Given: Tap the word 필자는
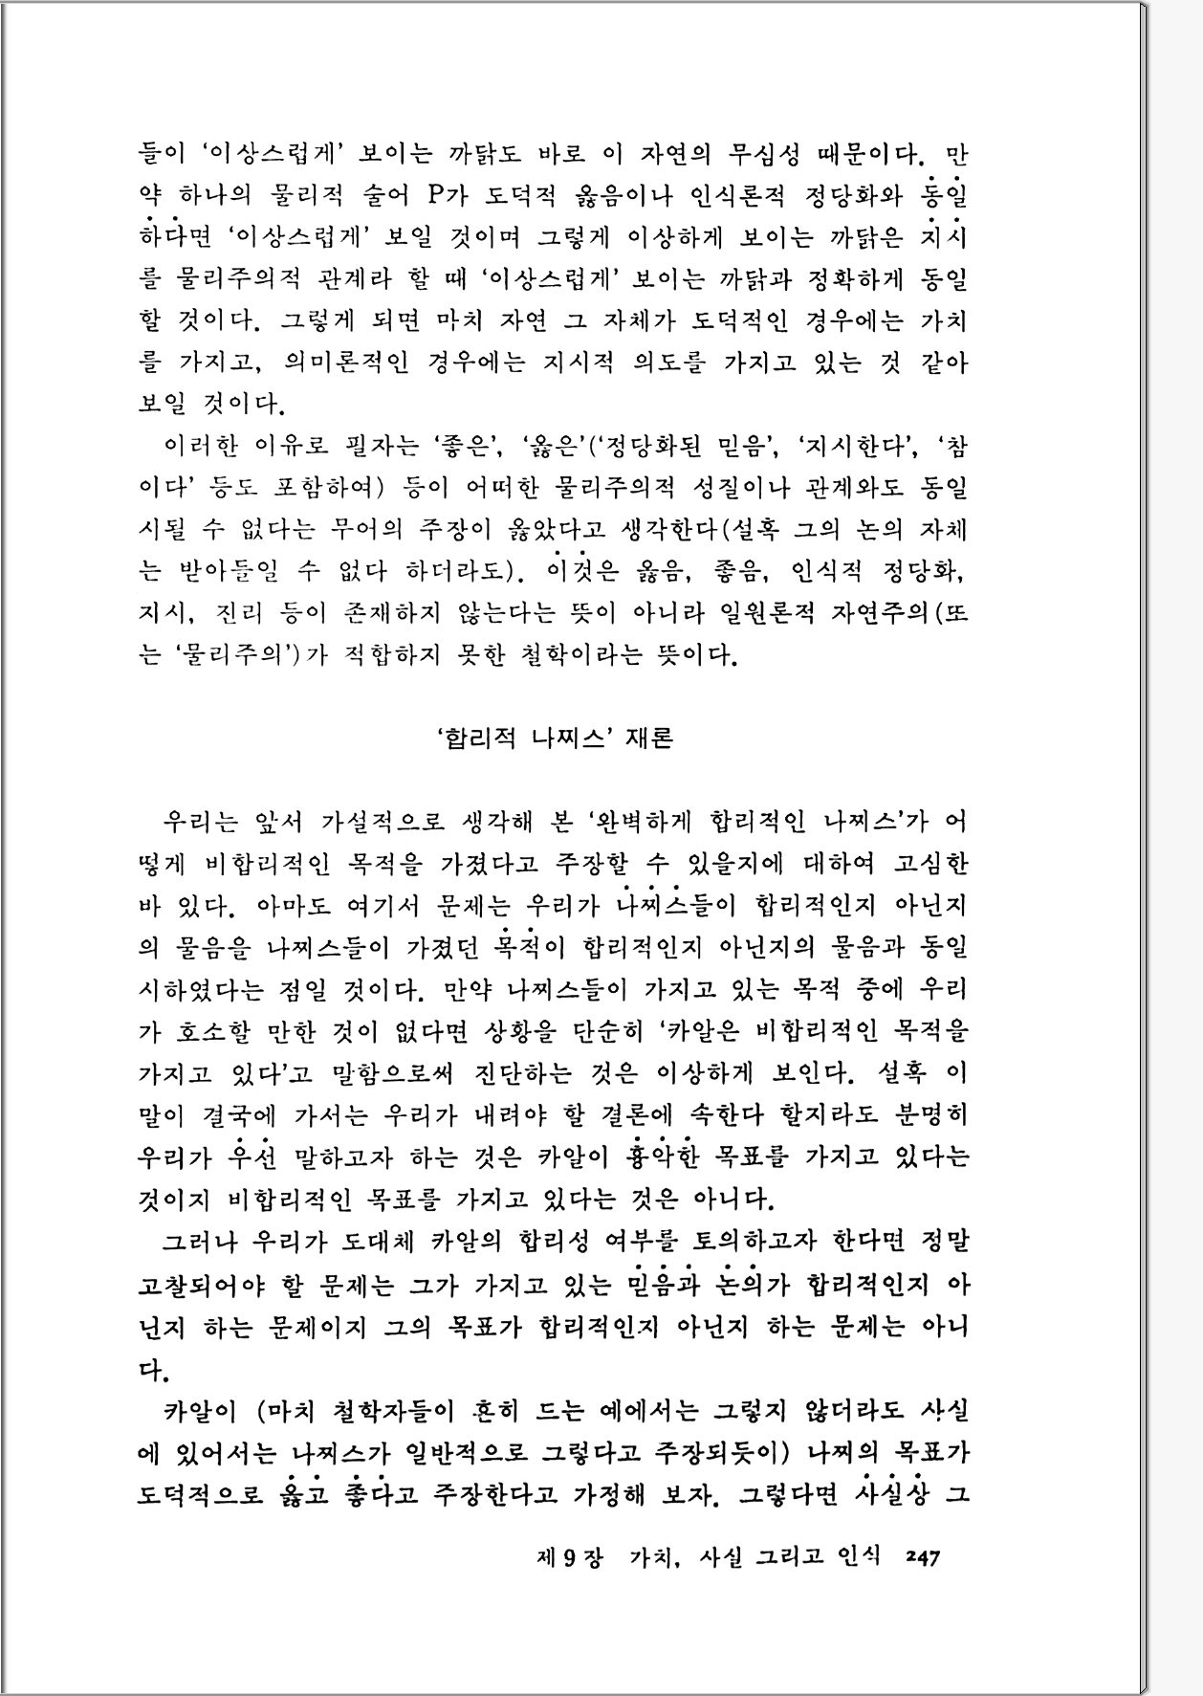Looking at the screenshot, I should (377, 446).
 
